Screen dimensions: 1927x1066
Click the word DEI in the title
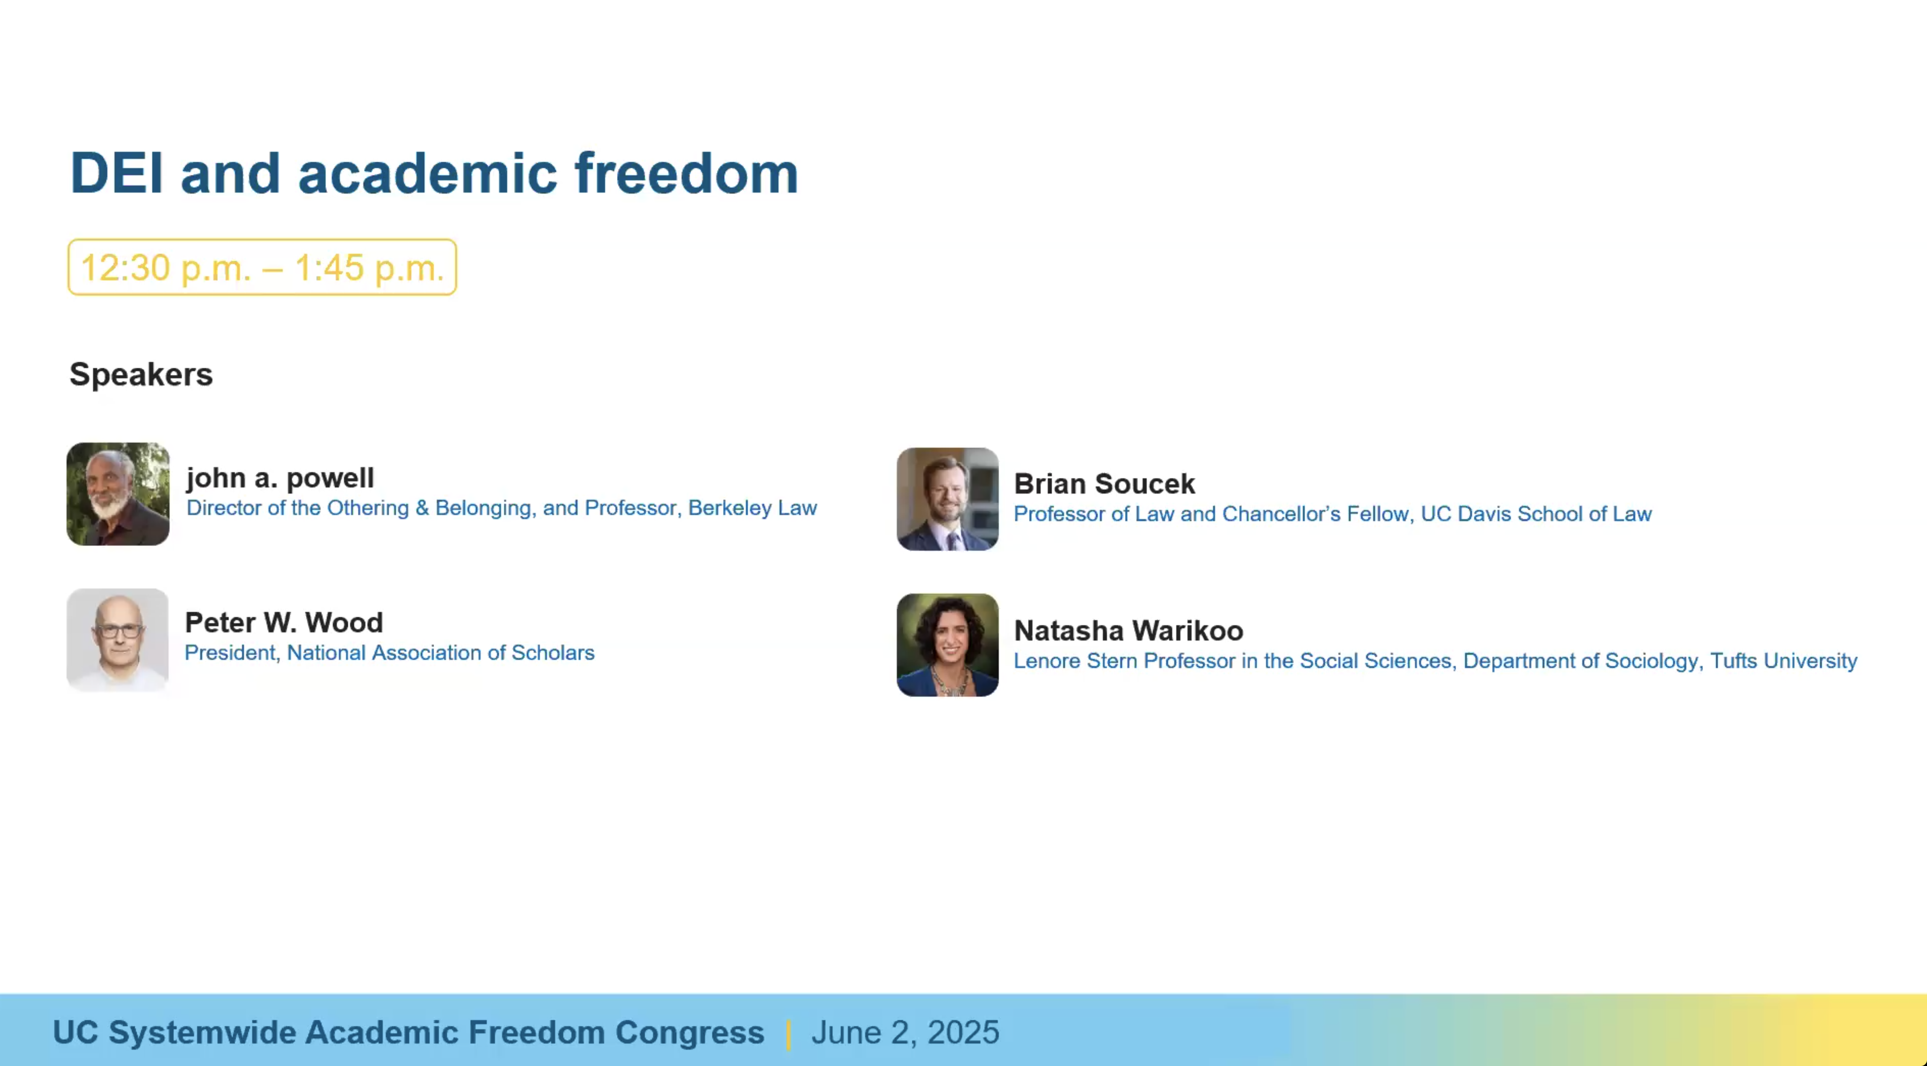pos(116,174)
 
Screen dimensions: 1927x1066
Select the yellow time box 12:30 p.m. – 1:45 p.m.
pos(262,267)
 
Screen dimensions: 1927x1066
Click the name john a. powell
pos(280,477)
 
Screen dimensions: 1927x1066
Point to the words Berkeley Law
pos(752,508)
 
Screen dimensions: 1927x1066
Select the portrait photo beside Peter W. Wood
pos(117,640)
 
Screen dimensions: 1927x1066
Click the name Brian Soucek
pos(1104,484)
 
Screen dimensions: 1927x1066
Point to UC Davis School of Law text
pos(1536,514)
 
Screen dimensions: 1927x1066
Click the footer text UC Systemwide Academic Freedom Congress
pos(409,1032)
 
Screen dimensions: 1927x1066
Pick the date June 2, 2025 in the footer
pos(905,1032)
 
